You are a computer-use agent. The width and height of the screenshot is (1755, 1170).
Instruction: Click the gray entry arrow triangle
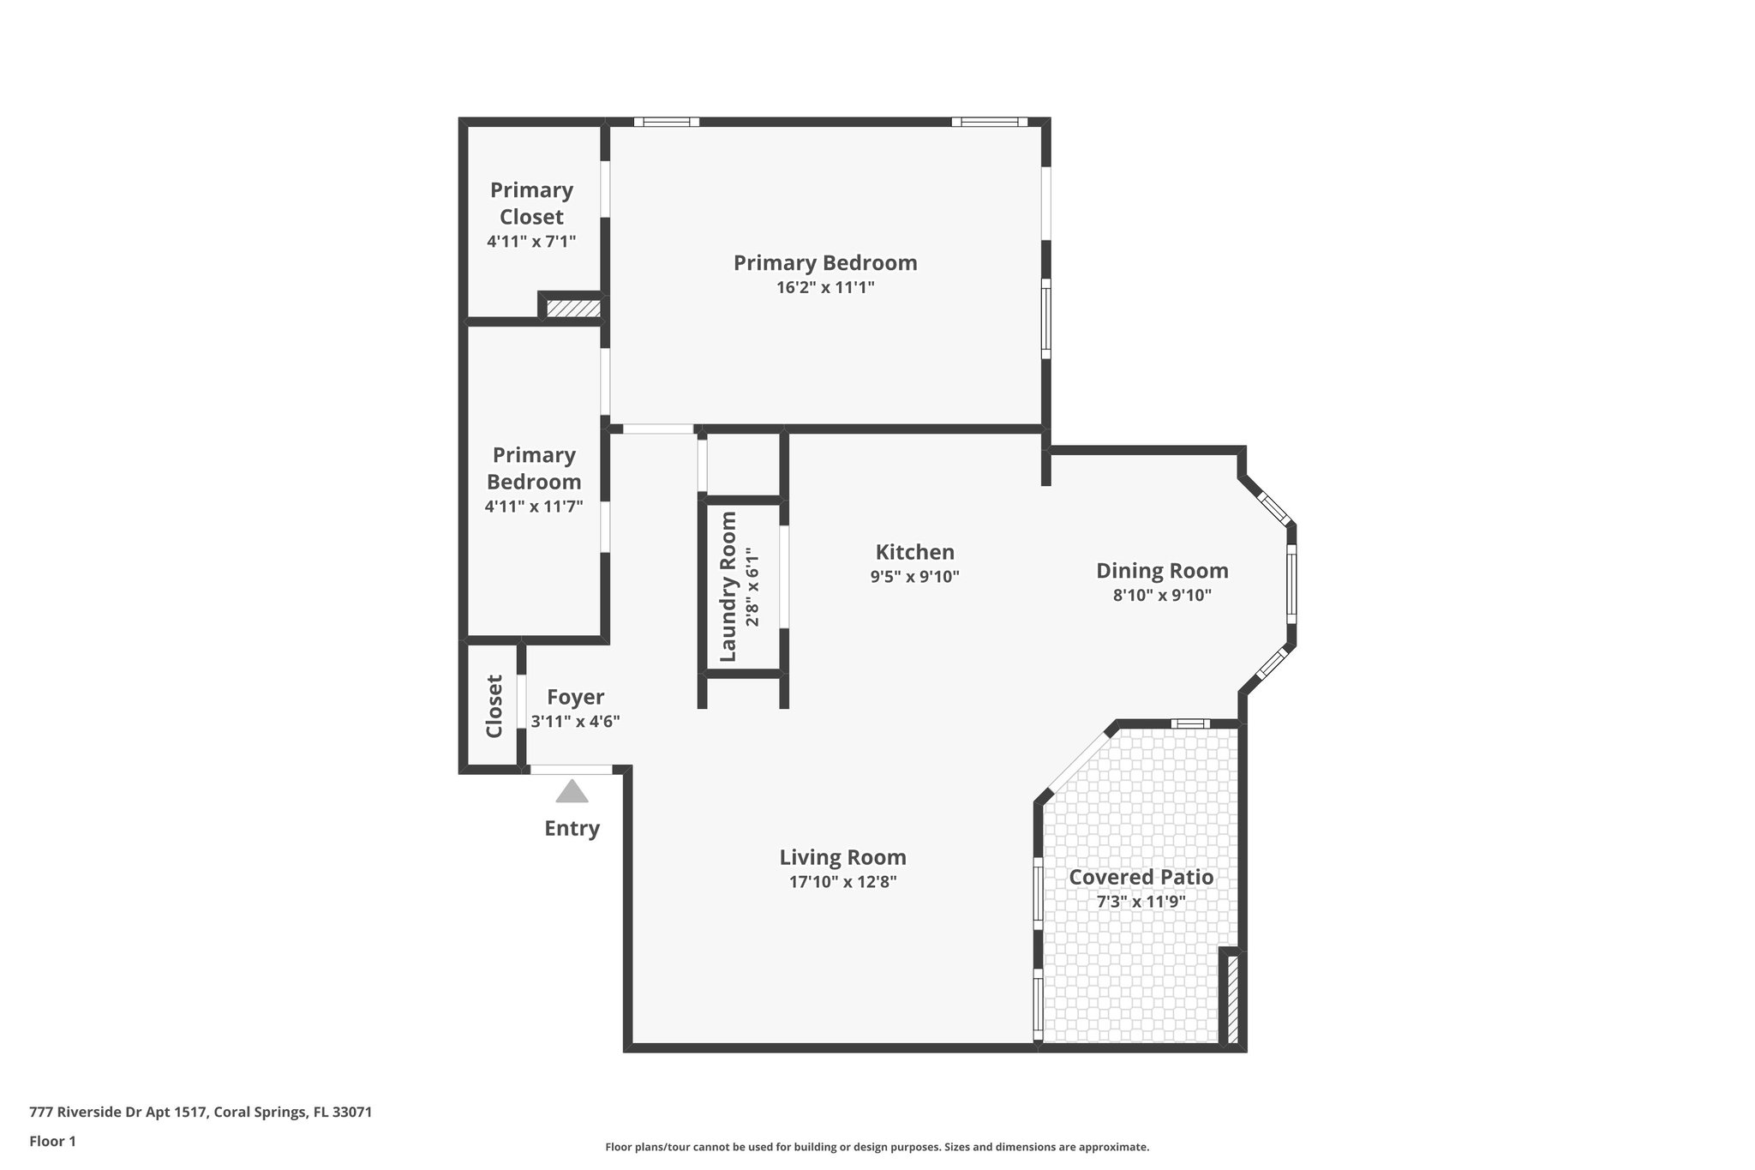pos(572,792)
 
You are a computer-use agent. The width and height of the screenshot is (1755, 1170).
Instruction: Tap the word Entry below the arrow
pos(572,829)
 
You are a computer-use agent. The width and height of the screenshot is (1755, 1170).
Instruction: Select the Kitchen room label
pos(914,552)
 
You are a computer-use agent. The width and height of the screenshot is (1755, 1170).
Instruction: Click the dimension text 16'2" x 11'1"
pos(824,288)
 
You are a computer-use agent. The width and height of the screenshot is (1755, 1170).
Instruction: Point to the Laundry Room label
pos(728,586)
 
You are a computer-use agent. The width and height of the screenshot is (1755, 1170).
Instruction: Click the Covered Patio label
pos(1141,877)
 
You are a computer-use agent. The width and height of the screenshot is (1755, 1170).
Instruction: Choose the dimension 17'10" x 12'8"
pos(842,882)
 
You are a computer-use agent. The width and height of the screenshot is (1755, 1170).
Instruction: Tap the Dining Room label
pos(1161,571)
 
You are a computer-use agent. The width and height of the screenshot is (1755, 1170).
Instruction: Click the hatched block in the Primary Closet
pos(573,308)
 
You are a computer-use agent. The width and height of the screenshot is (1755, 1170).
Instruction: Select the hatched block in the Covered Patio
pos(1232,999)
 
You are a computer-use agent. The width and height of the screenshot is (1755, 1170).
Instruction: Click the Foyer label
pos(575,697)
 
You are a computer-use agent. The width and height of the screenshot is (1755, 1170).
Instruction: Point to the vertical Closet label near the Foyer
pos(494,706)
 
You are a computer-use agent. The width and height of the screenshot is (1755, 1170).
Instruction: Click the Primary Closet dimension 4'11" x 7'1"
pos(530,242)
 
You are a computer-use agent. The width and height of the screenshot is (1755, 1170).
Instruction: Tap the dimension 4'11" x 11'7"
pos(533,507)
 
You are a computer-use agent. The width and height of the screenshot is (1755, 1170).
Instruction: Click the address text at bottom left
pos(201,1112)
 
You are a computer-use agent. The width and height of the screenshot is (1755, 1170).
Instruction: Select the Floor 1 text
pos(52,1141)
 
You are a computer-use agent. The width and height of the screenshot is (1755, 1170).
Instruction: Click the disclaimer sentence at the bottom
pos(877,1147)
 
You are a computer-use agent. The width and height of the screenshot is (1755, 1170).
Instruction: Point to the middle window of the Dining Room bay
pos(1291,584)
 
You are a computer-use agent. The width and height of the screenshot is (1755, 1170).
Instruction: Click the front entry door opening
pos(571,770)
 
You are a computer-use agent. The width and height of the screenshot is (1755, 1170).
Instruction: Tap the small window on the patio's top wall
pos(1190,723)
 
